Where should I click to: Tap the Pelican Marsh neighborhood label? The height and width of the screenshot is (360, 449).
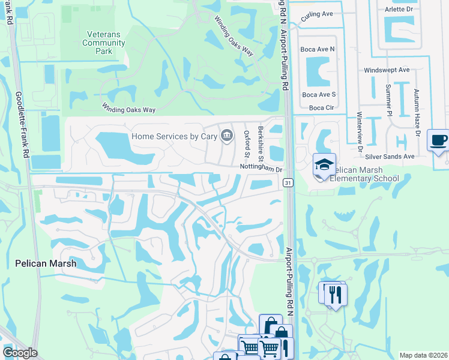(x=46, y=263)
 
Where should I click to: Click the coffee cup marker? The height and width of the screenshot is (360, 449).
(x=438, y=141)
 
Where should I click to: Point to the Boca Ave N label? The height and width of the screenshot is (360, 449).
(x=319, y=48)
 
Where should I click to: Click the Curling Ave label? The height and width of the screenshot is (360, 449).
(x=317, y=14)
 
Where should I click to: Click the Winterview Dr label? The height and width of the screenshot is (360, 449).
(x=360, y=132)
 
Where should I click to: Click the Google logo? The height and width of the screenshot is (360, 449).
(x=20, y=353)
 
